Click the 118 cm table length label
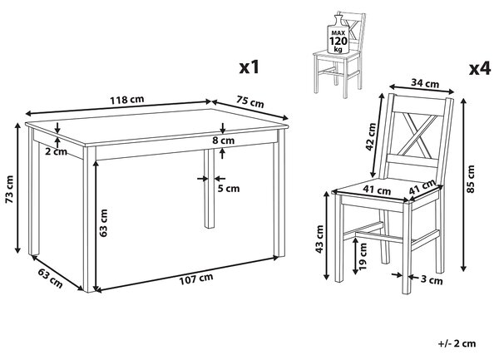127,100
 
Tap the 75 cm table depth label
250,101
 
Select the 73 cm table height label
9,189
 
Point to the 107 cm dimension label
196,279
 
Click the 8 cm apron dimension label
224,140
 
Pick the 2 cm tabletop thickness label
56,151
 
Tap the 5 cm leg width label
229,189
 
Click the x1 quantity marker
249,67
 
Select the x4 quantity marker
480,68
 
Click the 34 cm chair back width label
425,83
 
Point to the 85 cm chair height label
471,179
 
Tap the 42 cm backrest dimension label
371,136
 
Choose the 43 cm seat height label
319,239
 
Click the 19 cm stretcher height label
363,256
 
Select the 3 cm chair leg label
432,280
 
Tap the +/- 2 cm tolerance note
457,343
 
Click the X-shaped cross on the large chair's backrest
418,133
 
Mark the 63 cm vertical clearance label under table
103,223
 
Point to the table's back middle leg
209,188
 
